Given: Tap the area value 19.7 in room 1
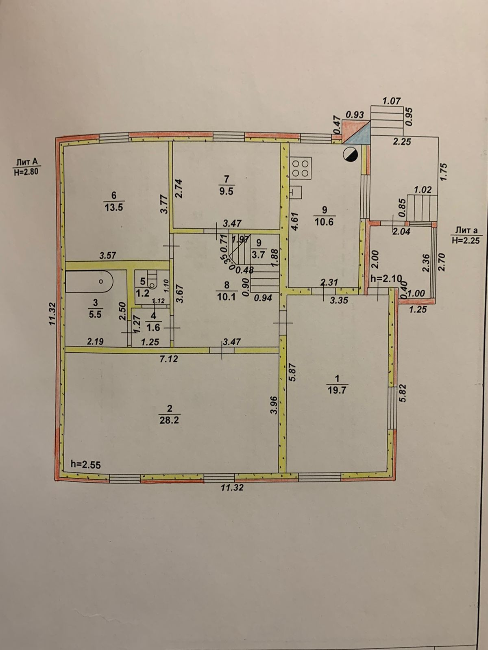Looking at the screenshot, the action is (336, 390).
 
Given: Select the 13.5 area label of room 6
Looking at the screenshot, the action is (113, 206).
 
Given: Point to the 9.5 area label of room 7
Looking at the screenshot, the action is (226, 191).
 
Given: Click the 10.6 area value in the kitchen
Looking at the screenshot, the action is (324, 222).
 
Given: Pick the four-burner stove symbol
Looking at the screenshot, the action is (301, 167).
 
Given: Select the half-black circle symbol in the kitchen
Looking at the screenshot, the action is (350, 154).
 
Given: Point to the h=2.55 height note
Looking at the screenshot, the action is (85, 464).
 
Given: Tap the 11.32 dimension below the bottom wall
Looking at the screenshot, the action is (232, 487).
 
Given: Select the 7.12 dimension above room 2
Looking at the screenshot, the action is (169, 359).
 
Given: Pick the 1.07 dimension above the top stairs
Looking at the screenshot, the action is (392, 101).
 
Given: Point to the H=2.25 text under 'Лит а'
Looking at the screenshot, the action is (466, 240).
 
